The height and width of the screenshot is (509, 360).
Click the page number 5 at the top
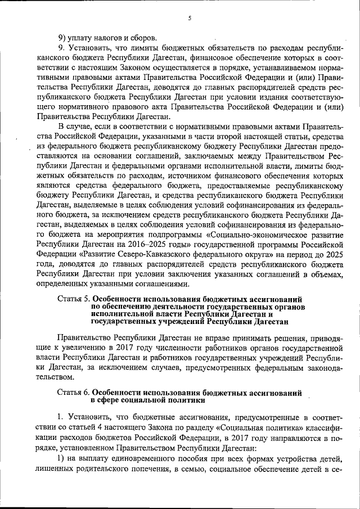coord(190,18)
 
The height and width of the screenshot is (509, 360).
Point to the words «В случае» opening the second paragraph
coord(74,129)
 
